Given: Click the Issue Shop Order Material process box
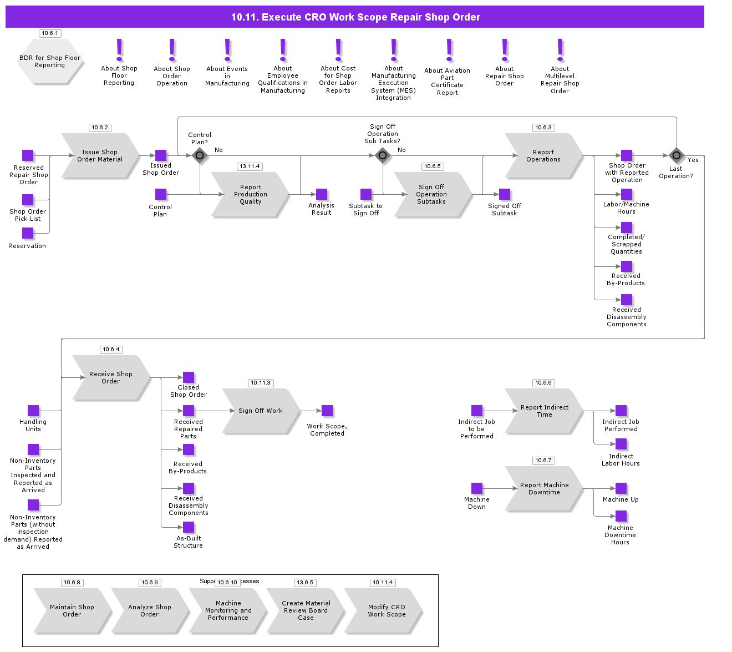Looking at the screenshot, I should tap(100, 156).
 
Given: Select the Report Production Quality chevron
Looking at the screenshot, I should tap(250, 195).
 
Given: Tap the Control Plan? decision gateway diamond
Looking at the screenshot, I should tap(200, 155).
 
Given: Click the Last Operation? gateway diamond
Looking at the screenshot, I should tap(676, 155).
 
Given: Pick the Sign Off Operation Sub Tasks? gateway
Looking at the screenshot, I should tap(383, 155).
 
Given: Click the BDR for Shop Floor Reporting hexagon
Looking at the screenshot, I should tap(50, 62).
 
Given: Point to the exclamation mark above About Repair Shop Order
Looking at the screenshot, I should tap(505, 50).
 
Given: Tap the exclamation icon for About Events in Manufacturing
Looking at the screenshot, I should tap(227, 50).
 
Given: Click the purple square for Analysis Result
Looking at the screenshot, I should tap(322, 194).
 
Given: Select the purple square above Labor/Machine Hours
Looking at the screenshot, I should tap(627, 194).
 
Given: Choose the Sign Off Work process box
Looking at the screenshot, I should tap(261, 411).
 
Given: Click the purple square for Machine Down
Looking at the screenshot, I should tap(477, 488).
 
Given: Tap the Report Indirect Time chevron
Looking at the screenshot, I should tap(544, 411).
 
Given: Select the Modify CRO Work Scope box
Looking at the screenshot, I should tap(387, 611).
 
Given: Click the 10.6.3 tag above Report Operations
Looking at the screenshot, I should tap(543, 128).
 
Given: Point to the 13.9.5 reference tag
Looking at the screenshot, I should tap(305, 583).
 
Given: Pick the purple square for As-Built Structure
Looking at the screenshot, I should tap(189, 527).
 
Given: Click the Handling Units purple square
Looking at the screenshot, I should tap(33, 411).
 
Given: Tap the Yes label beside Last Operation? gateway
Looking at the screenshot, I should tap(693, 160).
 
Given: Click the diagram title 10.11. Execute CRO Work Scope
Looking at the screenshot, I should tap(355, 17).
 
